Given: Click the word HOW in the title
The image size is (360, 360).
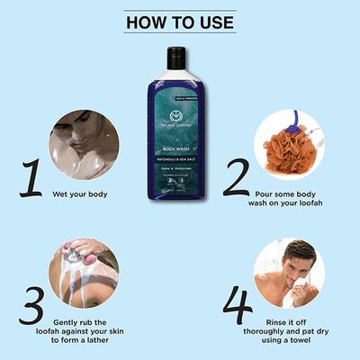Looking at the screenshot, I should coord(147,22).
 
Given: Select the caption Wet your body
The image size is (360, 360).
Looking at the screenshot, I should coord(84,193).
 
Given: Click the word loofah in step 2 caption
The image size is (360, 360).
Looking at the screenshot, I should coord(307,203).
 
